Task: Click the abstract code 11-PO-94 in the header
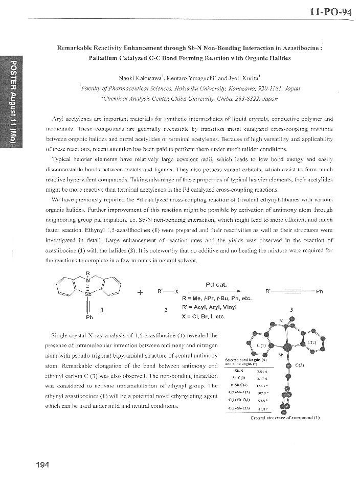click(331, 12)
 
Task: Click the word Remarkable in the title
click(81, 48)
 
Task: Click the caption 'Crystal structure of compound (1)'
click(285, 418)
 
